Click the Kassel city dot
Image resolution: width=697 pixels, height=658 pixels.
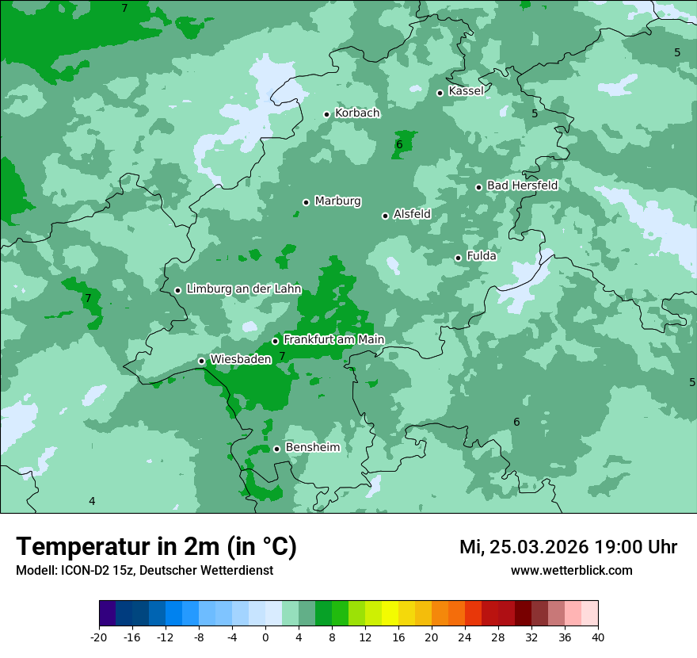click(x=440, y=93)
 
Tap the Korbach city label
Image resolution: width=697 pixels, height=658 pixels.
click(x=357, y=113)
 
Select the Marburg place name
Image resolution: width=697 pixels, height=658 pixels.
click(x=337, y=201)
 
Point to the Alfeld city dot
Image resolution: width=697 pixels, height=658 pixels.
click(x=385, y=216)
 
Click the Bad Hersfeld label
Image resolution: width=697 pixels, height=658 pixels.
click(x=522, y=186)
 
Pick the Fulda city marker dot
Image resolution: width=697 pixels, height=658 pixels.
click(x=458, y=258)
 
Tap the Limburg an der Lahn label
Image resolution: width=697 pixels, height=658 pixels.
click(x=243, y=289)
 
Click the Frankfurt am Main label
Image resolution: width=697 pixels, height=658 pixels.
click(x=333, y=340)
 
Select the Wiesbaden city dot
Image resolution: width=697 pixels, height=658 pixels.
click(x=201, y=361)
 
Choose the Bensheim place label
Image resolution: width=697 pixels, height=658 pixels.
click(x=312, y=448)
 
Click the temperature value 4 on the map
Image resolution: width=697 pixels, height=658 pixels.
click(x=92, y=501)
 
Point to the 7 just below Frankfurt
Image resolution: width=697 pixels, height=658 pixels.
click(x=282, y=357)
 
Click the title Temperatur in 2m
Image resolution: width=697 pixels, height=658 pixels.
click(x=156, y=546)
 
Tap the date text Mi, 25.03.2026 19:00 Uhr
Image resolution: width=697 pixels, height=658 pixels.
click(x=568, y=547)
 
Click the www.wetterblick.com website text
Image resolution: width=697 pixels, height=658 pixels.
click(x=571, y=570)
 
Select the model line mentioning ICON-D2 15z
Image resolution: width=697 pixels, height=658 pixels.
click(x=144, y=570)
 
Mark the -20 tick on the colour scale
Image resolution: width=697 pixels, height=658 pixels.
click(x=99, y=637)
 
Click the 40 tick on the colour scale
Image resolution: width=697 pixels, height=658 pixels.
click(x=597, y=637)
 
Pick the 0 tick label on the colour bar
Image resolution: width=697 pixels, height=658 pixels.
click(x=265, y=637)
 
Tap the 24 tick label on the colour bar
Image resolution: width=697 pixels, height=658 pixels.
click(x=465, y=637)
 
